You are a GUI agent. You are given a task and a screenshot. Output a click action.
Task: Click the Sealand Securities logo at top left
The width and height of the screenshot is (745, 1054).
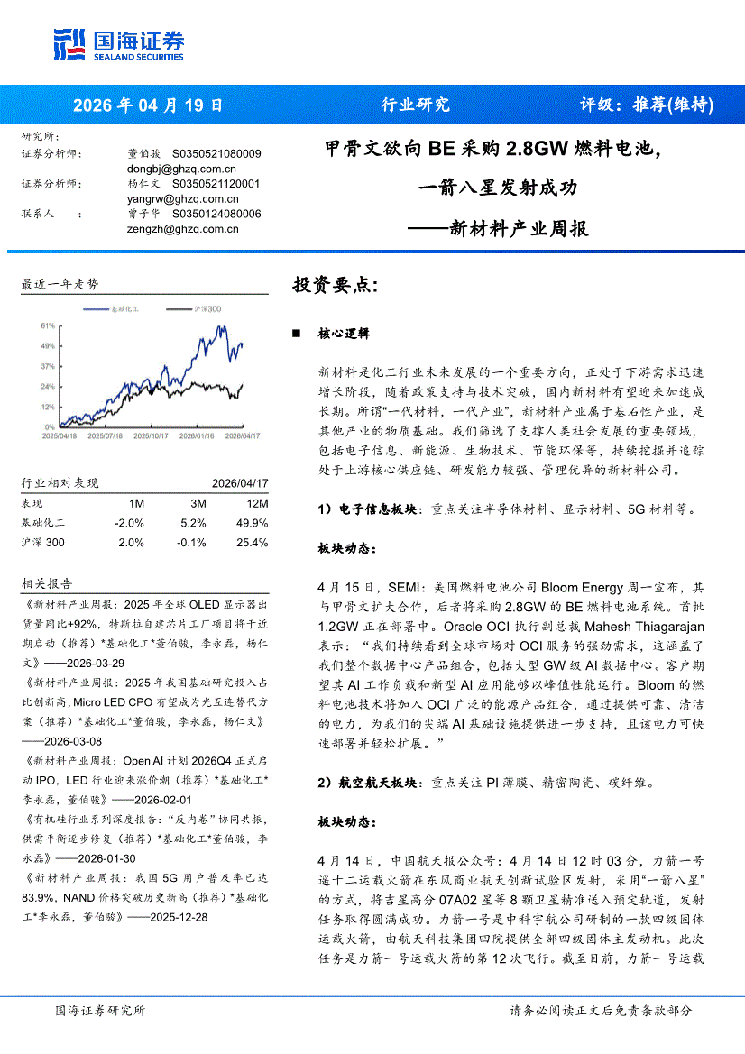pyautogui.click(x=118, y=43)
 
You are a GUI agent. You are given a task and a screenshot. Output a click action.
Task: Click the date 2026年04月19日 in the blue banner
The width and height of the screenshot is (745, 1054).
pyautogui.click(x=147, y=105)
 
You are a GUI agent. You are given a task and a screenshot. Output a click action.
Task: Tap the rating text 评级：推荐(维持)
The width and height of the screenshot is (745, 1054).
pyautogui.click(x=646, y=105)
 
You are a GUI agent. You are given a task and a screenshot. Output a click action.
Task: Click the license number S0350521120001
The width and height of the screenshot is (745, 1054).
pyautogui.click(x=216, y=183)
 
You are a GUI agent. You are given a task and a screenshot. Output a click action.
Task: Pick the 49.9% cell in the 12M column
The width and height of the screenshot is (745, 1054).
pyautogui.click(x=251, y=523)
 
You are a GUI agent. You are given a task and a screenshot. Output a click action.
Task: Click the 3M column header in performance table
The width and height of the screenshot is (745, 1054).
pyautogui.click(x=199, y=503)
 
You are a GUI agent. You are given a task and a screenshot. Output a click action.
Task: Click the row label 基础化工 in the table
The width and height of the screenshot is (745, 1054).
pyautogui.click(x=43, y=523)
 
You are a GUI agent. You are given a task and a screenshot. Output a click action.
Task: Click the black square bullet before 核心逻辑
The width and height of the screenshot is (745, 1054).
pyautogui.click(x=296, y=334)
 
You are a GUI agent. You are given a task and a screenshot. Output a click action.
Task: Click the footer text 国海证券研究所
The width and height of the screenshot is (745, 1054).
pyautogui.click(x=99, y=1011)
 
